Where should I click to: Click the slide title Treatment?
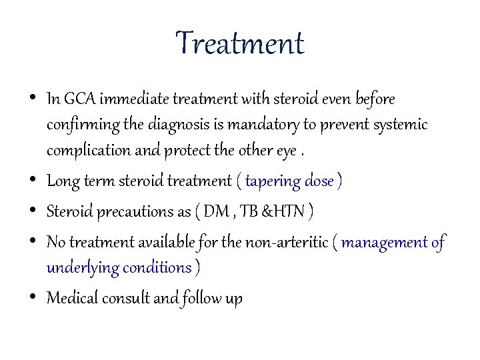pyautogui.click(x=240, y=45)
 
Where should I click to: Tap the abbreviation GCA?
pyautogui.click(x=81, y=100)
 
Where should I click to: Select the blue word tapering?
pyautogui.click(x=273, y=181)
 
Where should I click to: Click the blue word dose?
pyautogui.click(x=319, y=181)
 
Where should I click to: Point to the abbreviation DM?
pyautogui.click(x=215, y=212)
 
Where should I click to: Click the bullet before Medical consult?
pyautogui.click(x=34, y=298)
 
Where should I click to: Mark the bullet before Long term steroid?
pyautogui.click(x=34, y=181)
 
